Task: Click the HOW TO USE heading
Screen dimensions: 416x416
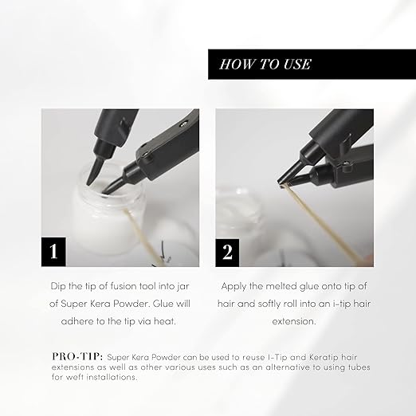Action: point(265,65)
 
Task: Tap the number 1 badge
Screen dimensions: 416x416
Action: point(53,252)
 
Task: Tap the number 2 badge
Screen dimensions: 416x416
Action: point(227,253)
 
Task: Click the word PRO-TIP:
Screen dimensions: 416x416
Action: point(77,356)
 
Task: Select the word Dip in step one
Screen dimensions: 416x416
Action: point(58,287)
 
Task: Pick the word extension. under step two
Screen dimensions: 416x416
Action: point(294,321)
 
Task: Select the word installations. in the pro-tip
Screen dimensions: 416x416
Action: point(112,377)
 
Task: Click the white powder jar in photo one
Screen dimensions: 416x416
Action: point(108,215)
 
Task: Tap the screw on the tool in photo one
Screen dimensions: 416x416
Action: point(183,124)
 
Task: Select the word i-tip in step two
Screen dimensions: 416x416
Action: point(342,304)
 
